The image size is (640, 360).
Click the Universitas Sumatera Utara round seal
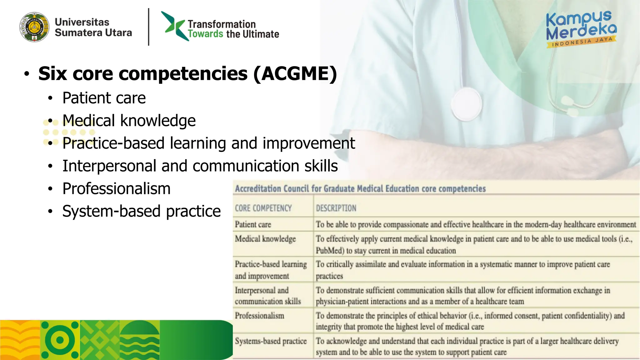(34, 27)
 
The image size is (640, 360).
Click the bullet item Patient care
(104, 98)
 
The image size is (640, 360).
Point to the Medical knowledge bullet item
(129, 121)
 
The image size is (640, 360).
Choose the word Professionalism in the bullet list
(116, 188)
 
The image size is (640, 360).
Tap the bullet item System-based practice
(141, 211)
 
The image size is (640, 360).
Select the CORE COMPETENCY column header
(263, 208)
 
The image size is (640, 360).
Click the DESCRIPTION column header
(336, 208)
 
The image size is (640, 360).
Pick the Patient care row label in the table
(253, 224)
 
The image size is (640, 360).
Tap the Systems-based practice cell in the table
(271, 341)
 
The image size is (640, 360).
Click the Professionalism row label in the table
(259, 316)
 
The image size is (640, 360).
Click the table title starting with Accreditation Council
(360, 189)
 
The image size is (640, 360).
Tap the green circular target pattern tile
(60, 340)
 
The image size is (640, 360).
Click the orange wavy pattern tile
(20, 340)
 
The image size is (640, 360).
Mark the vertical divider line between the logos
(149, 27)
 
